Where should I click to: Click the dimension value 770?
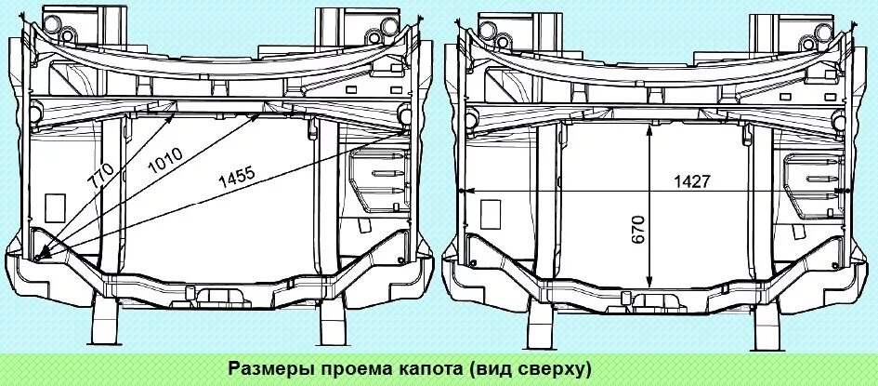(102, 177)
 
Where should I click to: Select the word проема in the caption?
(354, 367)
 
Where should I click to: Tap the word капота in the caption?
(429, 367)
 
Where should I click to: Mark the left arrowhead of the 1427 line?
(462, 192)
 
